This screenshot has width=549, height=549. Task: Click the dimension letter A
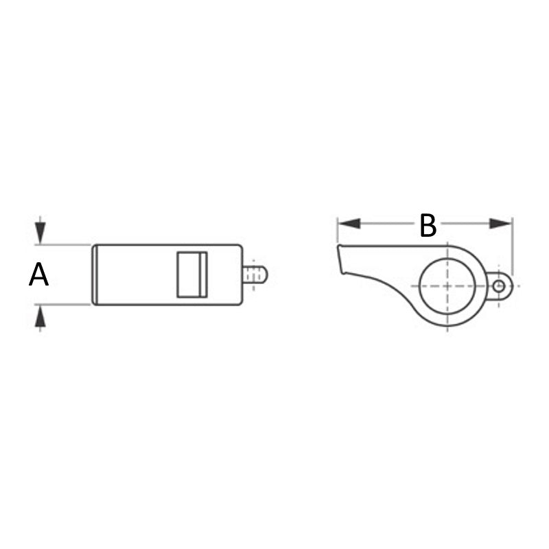pos(39,275)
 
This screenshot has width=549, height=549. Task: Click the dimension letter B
pos(428,226)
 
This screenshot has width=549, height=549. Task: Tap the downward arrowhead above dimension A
pos(41,233)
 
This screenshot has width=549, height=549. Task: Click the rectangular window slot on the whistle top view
pos(192,274)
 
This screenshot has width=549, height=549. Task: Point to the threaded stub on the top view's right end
pos(255,274)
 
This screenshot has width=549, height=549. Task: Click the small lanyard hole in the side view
pos(499,285)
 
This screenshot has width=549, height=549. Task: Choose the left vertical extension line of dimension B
pos(338,233)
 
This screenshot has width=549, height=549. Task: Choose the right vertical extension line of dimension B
pos(513,247)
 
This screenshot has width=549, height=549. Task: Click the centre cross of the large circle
pos(447,285)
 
